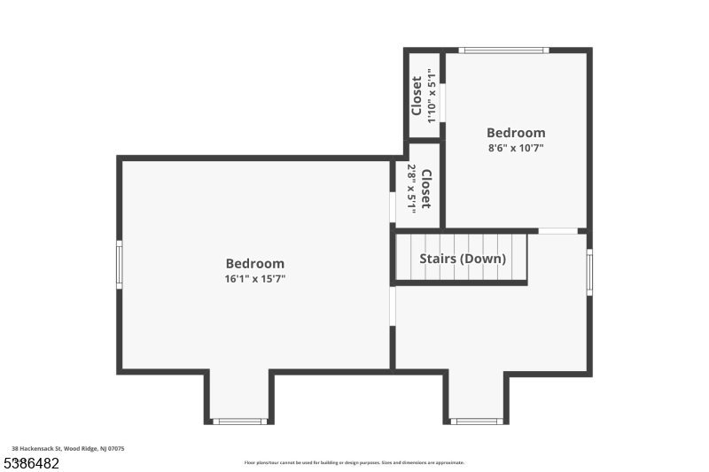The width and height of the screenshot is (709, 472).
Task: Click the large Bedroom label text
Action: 255,263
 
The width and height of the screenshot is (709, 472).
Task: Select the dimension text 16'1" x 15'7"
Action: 255,279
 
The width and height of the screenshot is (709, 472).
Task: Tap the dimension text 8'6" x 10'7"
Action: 516,148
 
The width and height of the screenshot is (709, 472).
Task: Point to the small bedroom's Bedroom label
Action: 516,133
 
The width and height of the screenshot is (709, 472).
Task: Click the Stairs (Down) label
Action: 463,259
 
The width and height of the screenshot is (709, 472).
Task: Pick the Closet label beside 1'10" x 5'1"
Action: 417,96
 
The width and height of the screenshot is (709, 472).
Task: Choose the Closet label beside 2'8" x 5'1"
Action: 425,188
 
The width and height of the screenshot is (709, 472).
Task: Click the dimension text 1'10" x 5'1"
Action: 432,96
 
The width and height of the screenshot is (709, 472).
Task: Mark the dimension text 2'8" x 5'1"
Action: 411,188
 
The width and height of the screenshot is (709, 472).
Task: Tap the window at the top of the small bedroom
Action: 503,50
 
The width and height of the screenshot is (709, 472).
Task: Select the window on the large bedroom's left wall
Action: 120,265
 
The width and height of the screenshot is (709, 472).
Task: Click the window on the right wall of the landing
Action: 589,272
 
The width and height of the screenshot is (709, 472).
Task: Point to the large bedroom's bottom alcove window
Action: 240,422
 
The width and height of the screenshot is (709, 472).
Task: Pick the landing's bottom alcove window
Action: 477,422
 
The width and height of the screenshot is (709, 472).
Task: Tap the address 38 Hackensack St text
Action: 68,449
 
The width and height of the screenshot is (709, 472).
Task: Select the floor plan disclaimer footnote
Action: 354,462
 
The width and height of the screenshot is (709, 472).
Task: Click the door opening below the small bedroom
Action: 558,231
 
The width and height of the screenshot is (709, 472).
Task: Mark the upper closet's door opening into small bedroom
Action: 442,102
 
